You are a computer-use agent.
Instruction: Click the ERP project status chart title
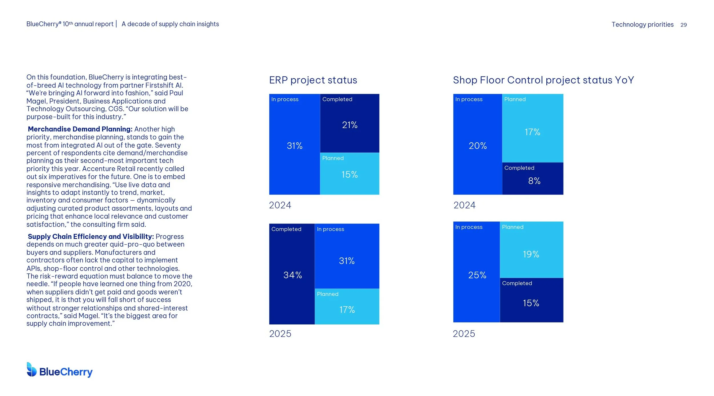point(313,80)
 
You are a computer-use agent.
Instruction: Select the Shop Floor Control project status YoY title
point(543,80)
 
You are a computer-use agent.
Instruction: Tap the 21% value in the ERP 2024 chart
point(350,125)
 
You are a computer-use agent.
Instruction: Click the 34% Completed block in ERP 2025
point(292,275)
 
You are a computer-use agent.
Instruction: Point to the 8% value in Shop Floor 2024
point(534,181)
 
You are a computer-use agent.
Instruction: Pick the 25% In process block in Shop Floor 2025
point(477,275)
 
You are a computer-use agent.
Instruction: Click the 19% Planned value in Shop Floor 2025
point(531,254)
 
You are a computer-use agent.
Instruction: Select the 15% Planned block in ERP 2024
point(350,174)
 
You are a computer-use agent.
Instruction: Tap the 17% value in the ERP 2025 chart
point(347,310)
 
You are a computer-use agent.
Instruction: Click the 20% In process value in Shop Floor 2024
point(478,146)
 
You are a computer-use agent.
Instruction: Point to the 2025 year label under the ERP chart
point(280,334)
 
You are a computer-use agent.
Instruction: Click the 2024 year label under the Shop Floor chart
point(464,205)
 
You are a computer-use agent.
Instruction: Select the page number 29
point(683,25)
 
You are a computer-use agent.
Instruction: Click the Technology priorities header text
point(642,25)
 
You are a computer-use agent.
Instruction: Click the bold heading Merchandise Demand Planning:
point(80,129)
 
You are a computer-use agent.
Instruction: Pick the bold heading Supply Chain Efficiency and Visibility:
point(91,236)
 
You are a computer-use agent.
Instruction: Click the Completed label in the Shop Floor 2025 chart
point(517,283)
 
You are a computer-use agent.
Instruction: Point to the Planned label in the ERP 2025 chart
point(328,294)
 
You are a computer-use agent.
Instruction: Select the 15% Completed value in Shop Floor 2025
point(531,303)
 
